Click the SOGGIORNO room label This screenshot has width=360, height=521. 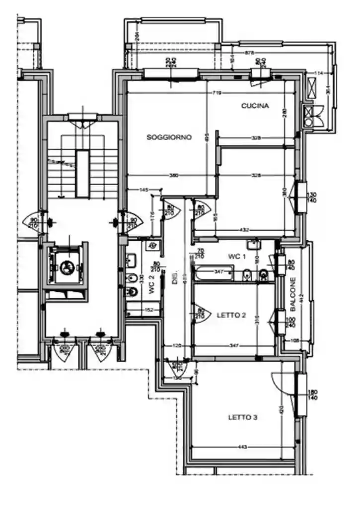tap(169, 137)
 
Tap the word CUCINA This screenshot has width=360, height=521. tap(255, 106)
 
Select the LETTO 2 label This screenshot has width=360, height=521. tap(232, 315)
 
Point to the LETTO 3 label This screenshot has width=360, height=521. tap(242, 417)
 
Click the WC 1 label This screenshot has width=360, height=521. tap(237, 257)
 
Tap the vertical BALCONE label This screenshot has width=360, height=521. tap(293, 292)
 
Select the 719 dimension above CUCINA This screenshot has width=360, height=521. tap(216, 93)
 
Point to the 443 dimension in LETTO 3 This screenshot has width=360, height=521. tap(242, 448)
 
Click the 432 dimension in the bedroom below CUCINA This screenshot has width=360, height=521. tap(245, 230)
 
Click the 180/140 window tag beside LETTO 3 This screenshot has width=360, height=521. tap(313, 395)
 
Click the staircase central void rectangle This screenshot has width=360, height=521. tap(82, 173)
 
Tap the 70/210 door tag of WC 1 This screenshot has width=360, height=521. tap(201, 254)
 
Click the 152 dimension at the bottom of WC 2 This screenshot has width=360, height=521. tap(148, 310)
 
